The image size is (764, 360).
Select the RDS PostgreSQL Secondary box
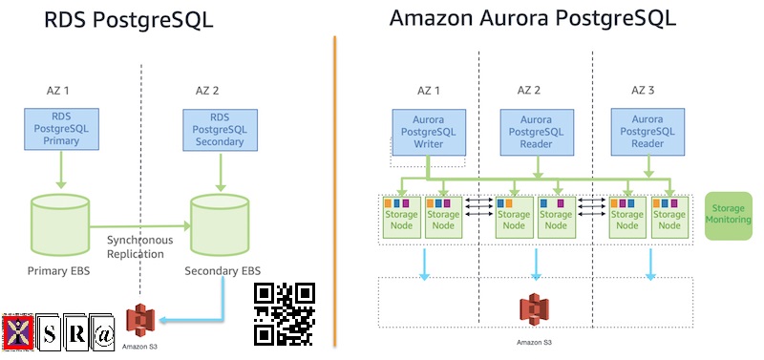[x=219, y=129]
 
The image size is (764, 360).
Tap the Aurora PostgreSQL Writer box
[x=430, y=131]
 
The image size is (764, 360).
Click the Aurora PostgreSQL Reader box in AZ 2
[x=536, y=131]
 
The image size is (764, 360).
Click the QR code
[x=285, y=313]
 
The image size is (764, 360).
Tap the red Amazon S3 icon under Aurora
[x=534, y=310]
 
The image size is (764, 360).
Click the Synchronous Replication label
[x=140, y=247]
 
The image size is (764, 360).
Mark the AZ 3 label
[x=646, y=90]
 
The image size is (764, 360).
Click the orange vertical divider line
[x=335, y=191]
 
